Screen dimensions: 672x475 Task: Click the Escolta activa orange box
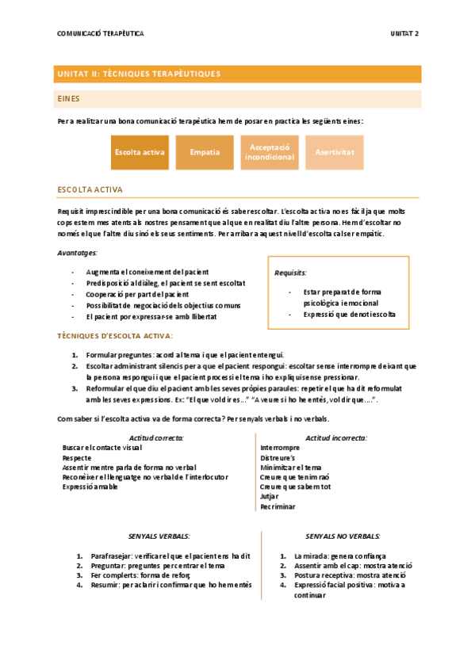[140, 152]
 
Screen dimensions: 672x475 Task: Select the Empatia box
[205, 152]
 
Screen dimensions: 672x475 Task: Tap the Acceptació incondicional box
[270, 152]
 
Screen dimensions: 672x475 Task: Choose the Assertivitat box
[334, 152]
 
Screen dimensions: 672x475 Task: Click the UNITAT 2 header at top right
[404, 33]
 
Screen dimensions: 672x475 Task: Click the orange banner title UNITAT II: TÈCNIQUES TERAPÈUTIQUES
[139, 74]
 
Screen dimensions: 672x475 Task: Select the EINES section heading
[69, 99]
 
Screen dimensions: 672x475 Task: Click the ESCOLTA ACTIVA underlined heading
[90, 190]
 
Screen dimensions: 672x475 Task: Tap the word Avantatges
[78, 253]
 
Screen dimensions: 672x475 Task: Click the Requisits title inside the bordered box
[290, 273]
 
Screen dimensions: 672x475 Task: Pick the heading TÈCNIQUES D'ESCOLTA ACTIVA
[115, 336]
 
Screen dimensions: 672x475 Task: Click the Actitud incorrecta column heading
[336, 438]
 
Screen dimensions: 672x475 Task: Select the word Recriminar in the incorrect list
[278, 506]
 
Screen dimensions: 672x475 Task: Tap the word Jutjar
[270, 497]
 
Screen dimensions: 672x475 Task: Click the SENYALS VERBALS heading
[159, 536]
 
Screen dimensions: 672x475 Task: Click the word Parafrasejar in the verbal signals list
[111, 556]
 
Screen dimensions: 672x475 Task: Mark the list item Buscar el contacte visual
[102, 449]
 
